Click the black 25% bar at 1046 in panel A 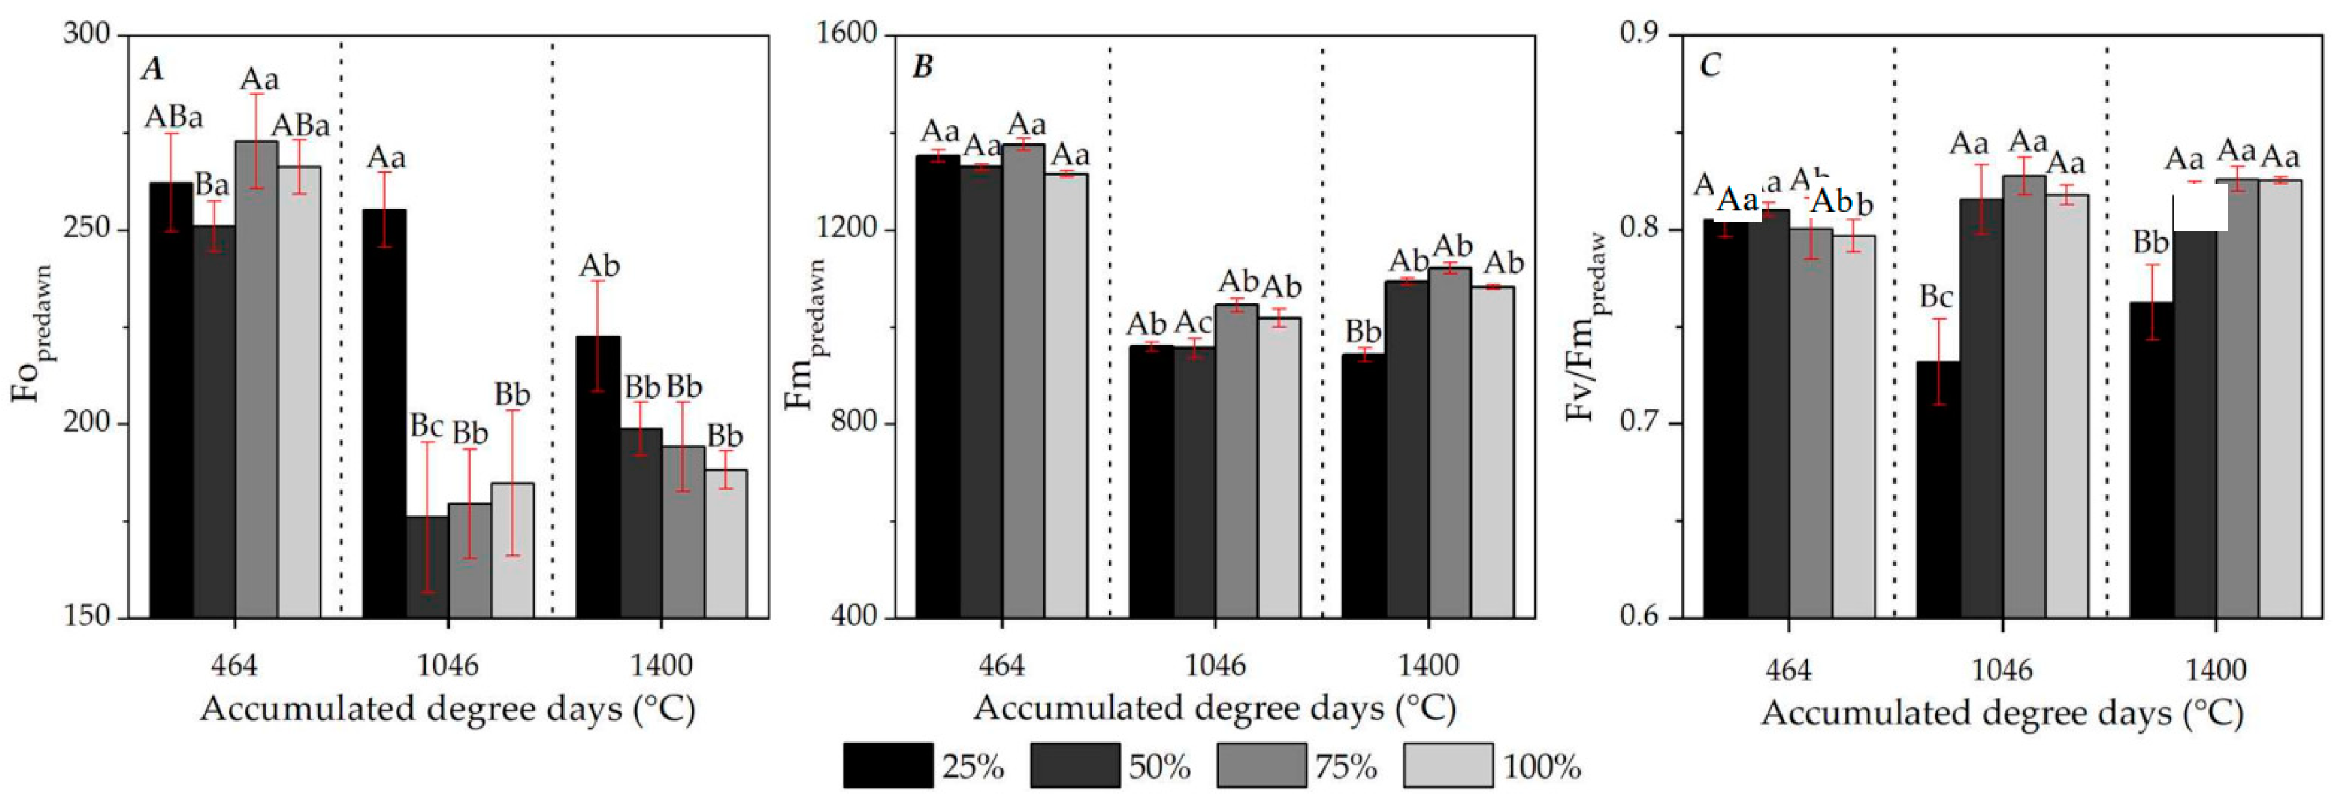[x=384, y=413]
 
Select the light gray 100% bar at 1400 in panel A [x=726, y=543]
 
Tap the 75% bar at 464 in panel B [x=1024, y=382]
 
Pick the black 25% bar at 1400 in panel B [x=1363, y=486]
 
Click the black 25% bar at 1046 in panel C [x=1938, y=490]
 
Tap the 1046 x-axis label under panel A [x=447, y=666]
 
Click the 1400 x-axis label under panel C [x=2216, y=671]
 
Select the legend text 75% [x=1346, y=768]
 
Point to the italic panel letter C [x=1709, y=66]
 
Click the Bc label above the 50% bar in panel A [x=426, y=425]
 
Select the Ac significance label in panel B [x=1192, y=322]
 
